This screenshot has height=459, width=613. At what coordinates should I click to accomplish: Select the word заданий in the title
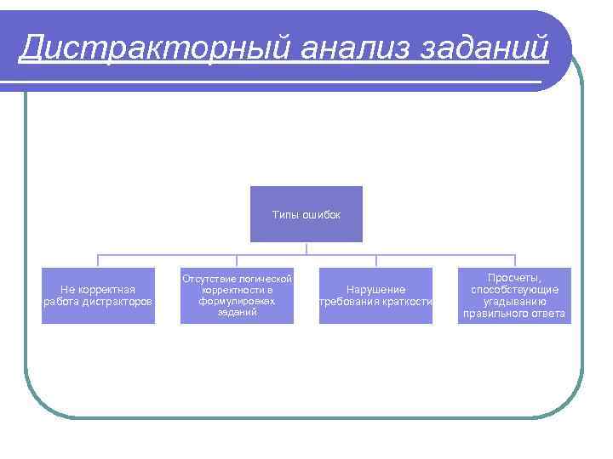(x=484, y=48)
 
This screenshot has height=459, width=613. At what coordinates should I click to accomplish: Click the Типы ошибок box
(x=306, y=214)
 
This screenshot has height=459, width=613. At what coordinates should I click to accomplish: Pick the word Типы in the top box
(x=285, y=215)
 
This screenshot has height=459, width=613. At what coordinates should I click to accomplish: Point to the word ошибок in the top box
(x=320, y=215)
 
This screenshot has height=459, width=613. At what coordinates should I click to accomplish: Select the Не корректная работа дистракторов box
(x=98, y=296)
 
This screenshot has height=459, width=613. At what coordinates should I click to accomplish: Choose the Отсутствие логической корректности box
(x=237, y=296)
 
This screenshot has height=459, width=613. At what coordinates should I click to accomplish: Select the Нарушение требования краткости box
(x=375, y=296)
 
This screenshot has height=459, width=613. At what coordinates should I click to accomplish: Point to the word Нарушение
(x=375, y=290)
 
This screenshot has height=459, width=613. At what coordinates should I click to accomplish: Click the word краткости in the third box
(x=407, y=302)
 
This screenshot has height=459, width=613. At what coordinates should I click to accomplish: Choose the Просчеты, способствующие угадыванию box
(x=514, y=296)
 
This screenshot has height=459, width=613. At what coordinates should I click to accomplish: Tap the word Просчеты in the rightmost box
(x=513, y=278)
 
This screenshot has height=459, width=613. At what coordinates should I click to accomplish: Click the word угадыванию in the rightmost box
(x=514, y=302)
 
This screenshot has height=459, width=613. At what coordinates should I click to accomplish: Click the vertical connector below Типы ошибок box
(x=306, y=248)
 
